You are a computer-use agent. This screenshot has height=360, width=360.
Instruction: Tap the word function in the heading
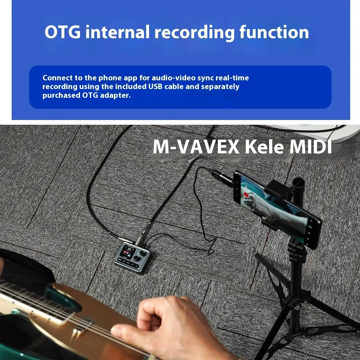(x=274, y=32)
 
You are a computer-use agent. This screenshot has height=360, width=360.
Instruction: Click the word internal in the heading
(x=117, y=32)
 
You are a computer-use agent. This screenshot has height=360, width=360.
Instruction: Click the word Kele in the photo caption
(x=263, y=147)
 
